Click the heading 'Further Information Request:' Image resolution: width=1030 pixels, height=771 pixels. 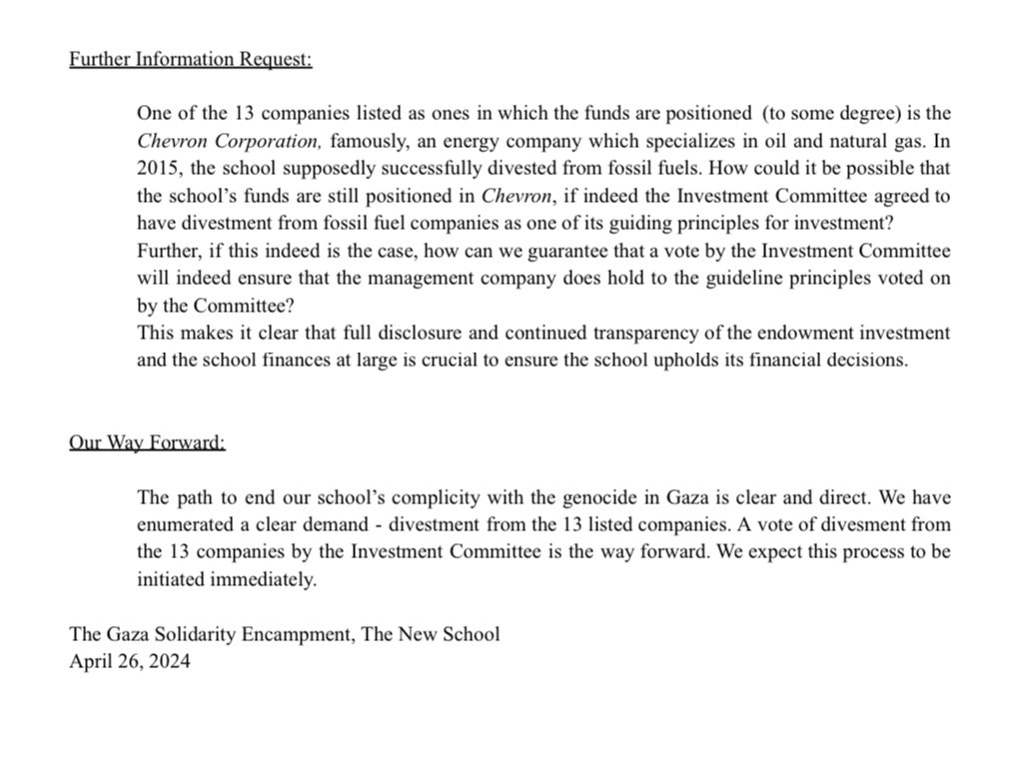point(190,59)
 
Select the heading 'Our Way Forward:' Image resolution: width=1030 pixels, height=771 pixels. point(147,441)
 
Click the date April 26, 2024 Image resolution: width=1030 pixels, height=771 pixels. point(129,661)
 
